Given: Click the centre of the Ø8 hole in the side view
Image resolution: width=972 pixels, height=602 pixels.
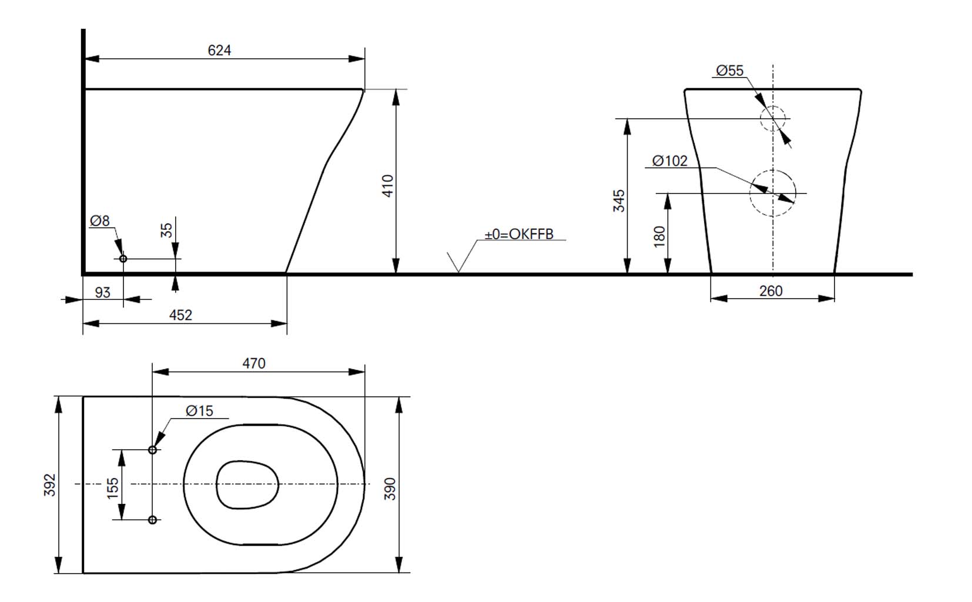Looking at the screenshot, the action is pos(123,259).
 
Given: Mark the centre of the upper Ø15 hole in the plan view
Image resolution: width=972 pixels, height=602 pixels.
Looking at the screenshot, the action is pos(152,450).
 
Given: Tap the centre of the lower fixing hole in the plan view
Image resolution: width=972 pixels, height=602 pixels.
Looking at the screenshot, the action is pos(152,520).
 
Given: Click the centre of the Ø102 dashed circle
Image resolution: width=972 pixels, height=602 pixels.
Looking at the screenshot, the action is pos(773,193).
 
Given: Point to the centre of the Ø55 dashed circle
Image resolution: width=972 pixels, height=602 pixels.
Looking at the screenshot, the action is pos(773,119).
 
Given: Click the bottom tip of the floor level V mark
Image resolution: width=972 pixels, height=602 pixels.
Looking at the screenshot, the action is pos(458,273).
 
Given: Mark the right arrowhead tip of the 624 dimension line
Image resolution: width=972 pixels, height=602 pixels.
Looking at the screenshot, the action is pos(364,59).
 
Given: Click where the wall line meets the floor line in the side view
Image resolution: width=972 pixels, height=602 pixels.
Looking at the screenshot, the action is pos(83,274).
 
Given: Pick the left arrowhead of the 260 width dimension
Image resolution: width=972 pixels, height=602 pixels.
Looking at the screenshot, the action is pos(719,298).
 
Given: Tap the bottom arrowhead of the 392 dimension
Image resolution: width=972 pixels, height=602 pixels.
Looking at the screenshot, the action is pos(59,565).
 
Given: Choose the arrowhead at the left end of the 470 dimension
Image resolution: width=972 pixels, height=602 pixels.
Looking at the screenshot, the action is pos(160,372).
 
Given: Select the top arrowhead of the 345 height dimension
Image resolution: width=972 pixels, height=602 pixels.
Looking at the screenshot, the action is pos(627,127).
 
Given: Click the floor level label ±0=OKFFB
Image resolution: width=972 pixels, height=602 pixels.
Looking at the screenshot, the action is pos(519,234).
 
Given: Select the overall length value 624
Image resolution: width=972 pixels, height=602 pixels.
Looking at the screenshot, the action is pos(219,51).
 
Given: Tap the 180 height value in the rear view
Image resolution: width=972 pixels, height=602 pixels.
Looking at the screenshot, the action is pos(659,236).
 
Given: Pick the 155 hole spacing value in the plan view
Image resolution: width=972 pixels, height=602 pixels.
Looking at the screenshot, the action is pos(112,489).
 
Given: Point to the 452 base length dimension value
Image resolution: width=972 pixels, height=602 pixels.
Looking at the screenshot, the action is pos(180,315).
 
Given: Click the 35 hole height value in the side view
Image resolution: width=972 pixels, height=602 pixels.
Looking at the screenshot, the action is pos(167,230).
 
